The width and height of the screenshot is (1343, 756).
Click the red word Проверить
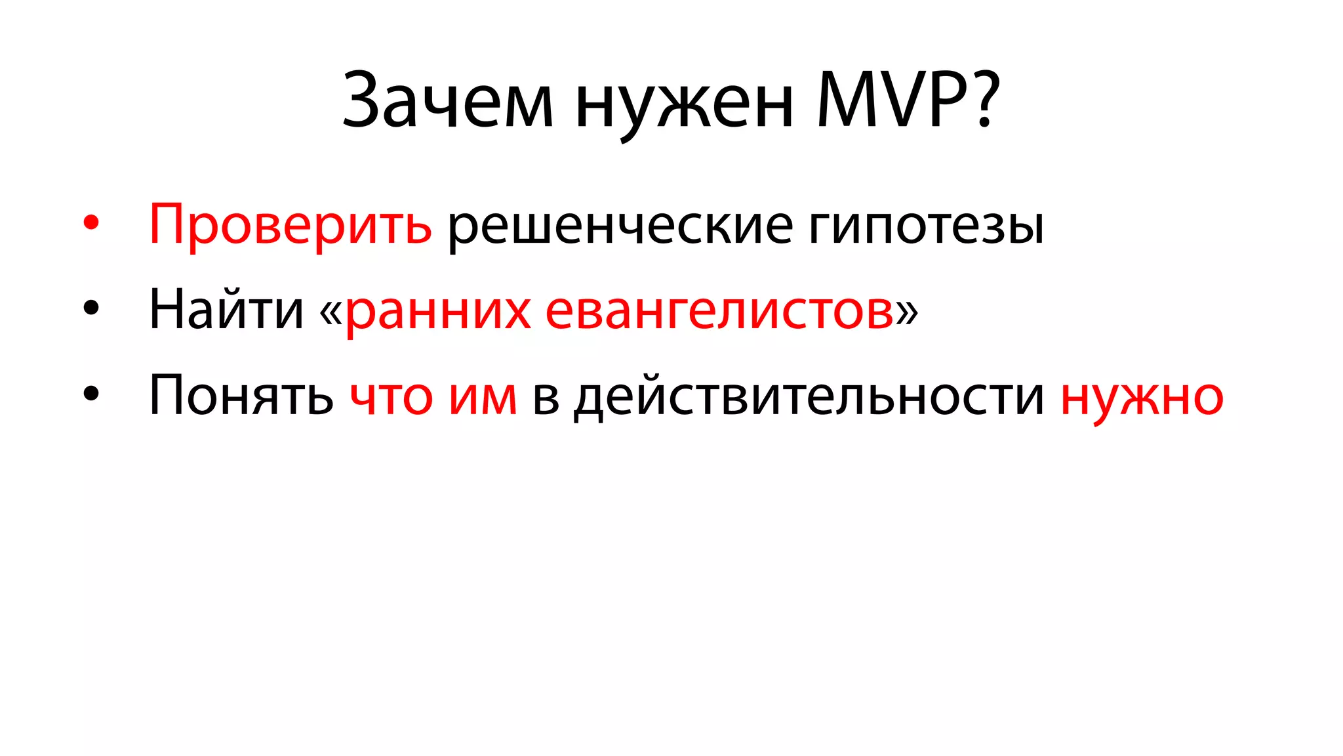[x=291, y=225]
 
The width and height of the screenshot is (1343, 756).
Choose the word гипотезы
[x=926, y=226]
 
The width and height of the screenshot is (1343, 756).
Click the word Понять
[x=241, y=395]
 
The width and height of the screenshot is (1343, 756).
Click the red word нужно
[x=1142, y=398]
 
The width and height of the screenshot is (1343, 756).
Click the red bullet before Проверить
[x=91, y=223]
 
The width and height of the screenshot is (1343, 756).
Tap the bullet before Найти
[x=91, y=308]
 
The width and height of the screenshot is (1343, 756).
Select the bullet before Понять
[x=91, y=393]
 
